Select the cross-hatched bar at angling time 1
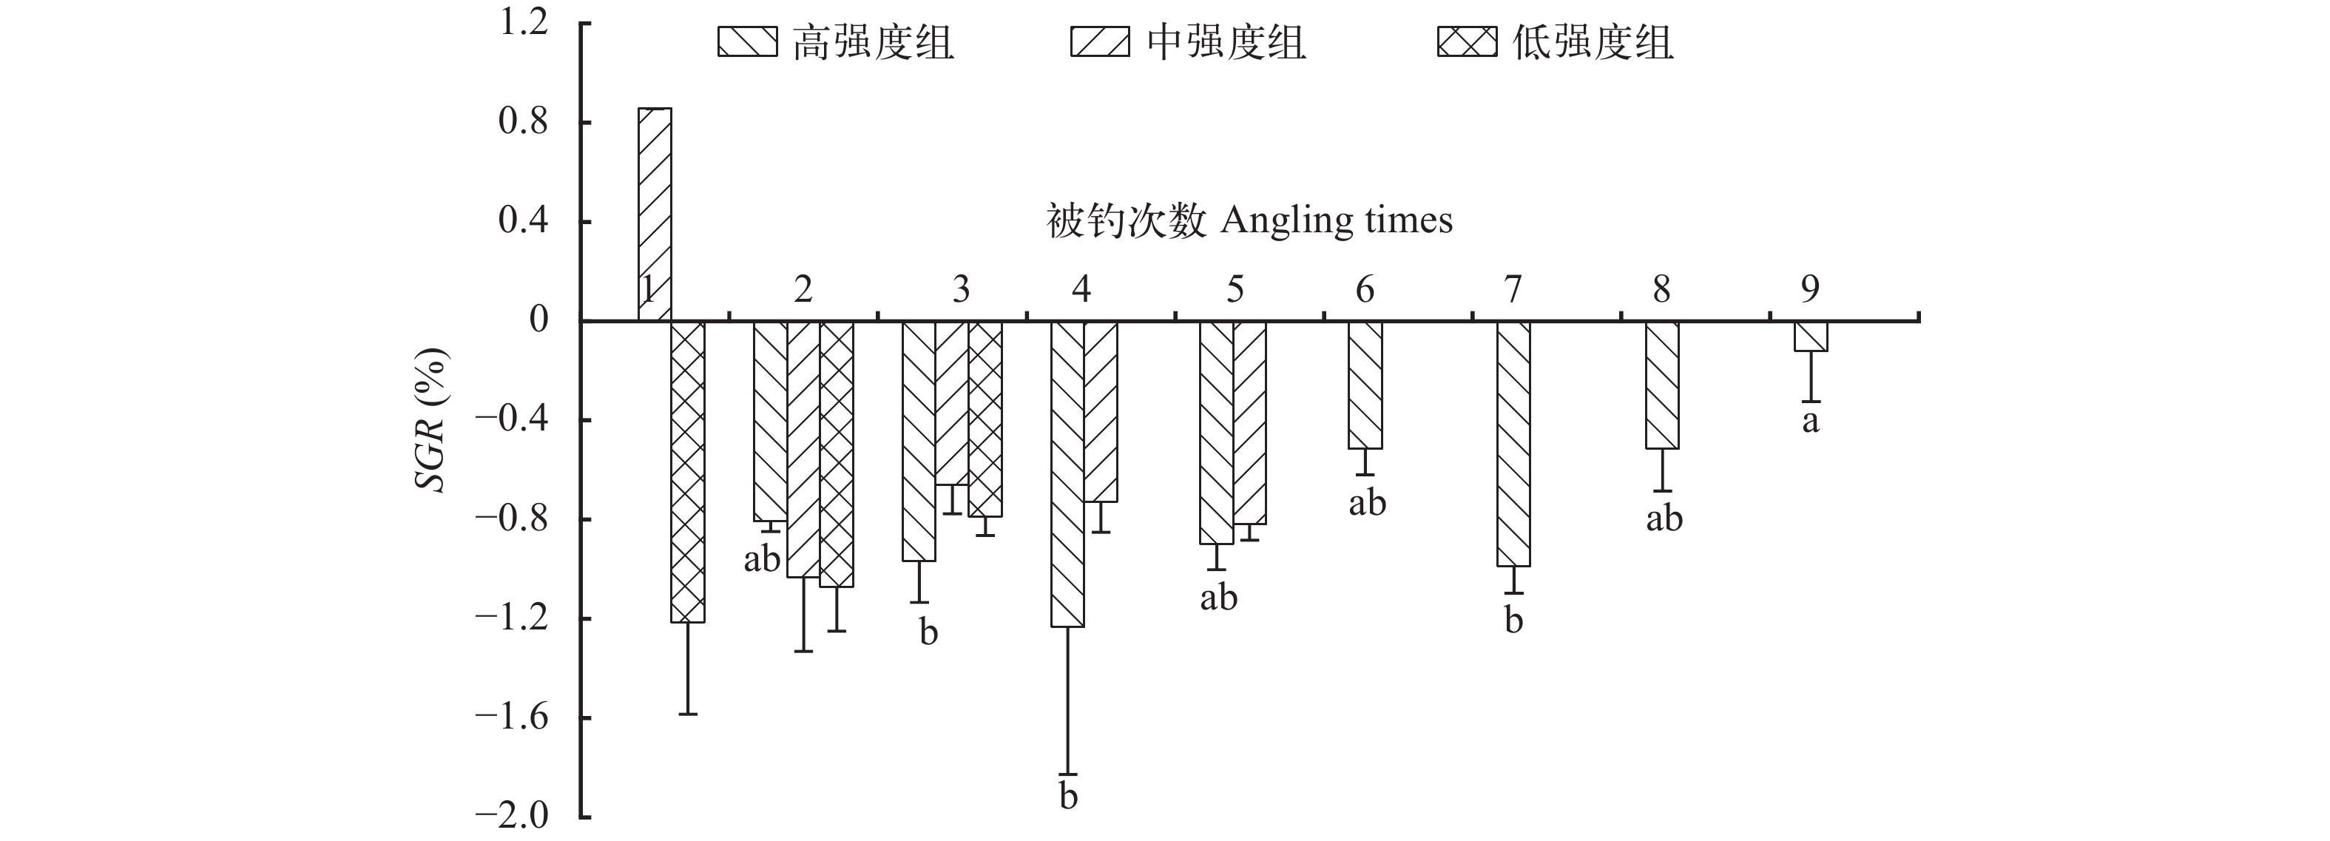coord(687,470)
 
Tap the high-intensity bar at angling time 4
coord(1067,473)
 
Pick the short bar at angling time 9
coord(1811,337)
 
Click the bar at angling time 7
coord(1513,443)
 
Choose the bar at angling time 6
coord(1365,385)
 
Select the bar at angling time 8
coord(1661,385)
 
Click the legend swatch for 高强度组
coord(747,41)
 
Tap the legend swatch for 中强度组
coord(1100,41)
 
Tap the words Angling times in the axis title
coord(1336,220)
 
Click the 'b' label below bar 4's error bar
coord(1068,797)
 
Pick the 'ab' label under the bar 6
coord(1367,503)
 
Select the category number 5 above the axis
coord(1235,289)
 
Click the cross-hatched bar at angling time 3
coord(985,419)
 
